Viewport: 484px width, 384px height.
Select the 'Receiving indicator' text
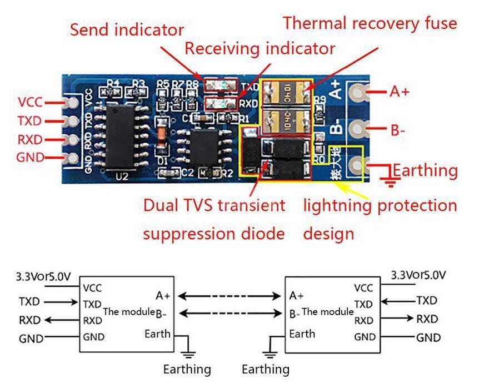260,49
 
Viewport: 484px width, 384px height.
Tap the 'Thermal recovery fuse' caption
370,23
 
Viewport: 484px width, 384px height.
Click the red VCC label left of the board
30,103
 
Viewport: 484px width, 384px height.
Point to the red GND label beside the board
30,158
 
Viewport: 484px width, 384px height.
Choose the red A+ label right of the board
400,92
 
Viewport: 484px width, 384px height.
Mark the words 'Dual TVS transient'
214,205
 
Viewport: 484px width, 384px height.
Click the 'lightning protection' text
380,205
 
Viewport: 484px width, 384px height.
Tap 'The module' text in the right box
327,312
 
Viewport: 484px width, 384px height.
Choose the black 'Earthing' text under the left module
187,369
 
